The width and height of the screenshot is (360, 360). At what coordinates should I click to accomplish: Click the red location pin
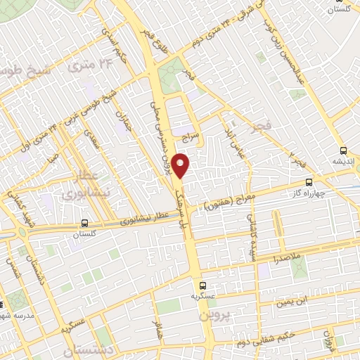(181, 166)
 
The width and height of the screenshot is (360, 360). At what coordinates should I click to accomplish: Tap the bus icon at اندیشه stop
(343, 150)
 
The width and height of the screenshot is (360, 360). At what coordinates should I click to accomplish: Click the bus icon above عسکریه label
(202, 285)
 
